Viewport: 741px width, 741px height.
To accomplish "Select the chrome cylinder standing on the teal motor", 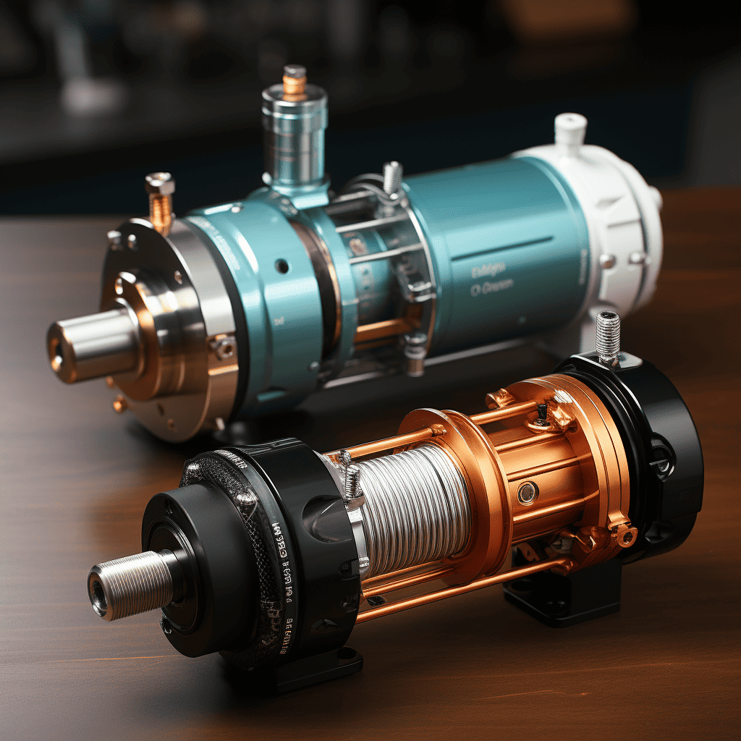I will [294, 137].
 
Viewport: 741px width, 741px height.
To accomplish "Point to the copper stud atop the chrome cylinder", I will [294, 80].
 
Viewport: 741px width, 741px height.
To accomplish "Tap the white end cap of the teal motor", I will [615, 217].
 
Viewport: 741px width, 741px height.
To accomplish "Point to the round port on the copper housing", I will [527, 493].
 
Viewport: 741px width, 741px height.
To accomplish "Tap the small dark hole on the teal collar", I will [281, 266].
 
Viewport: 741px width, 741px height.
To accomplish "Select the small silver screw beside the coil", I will [352, 481].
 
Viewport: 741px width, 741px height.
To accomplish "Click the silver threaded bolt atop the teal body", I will [391, 177].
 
